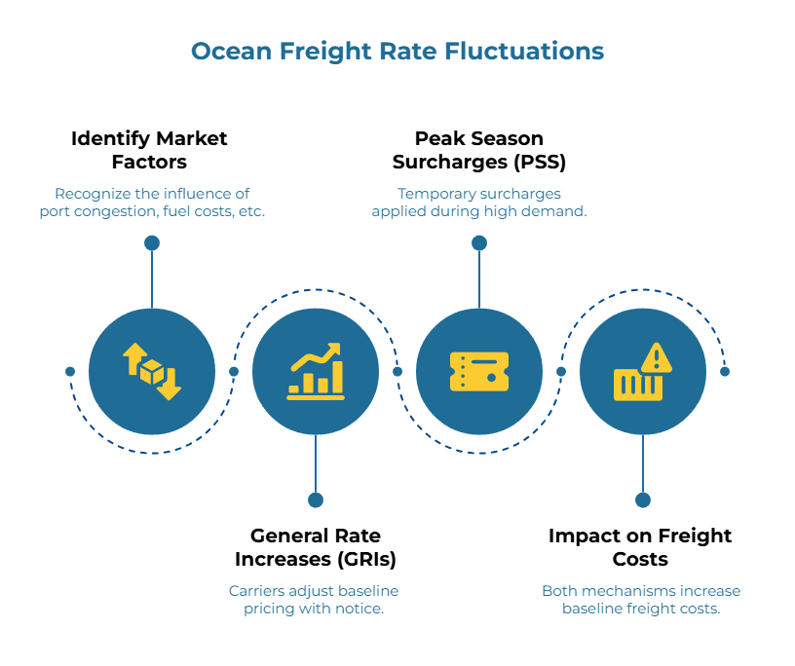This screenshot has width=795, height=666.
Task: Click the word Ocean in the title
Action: (230, 52)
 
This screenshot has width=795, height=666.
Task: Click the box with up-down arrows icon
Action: (152, 372)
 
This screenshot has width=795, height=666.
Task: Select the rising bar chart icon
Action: (316, 372)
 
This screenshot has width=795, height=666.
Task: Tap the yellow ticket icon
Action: (479, 372)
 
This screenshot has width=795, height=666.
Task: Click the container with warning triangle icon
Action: (640, 376)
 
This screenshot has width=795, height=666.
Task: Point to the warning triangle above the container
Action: (657, 357)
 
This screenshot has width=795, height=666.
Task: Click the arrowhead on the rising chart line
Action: (334, 349)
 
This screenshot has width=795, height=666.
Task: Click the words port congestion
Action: (94, 211)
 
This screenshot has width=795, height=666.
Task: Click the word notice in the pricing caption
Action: (360, 609)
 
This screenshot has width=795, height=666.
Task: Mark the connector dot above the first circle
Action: (152, 243)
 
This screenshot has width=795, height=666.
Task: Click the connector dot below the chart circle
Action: (316, 500)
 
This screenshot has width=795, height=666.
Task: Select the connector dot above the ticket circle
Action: (479, 243)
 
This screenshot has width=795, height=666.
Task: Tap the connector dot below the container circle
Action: (643, 500)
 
